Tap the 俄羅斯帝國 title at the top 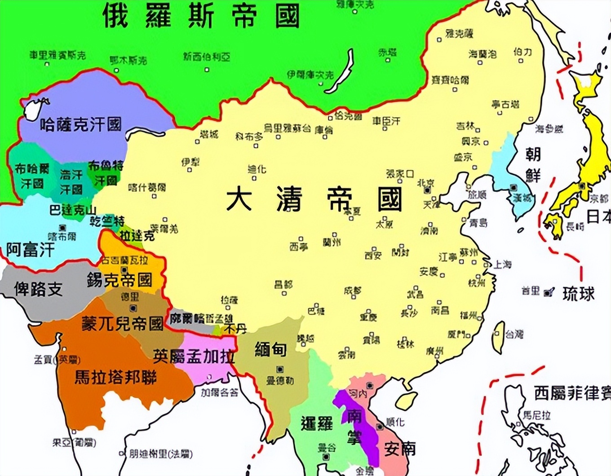[201, 16]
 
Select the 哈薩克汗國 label [81, 124]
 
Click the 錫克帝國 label [120, 280]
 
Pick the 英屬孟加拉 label [194, 357]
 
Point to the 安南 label [400, 449]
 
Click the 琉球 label [579, 294]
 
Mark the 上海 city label [502, 264]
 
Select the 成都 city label [352, 291]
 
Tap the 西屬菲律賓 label [572, 393]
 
